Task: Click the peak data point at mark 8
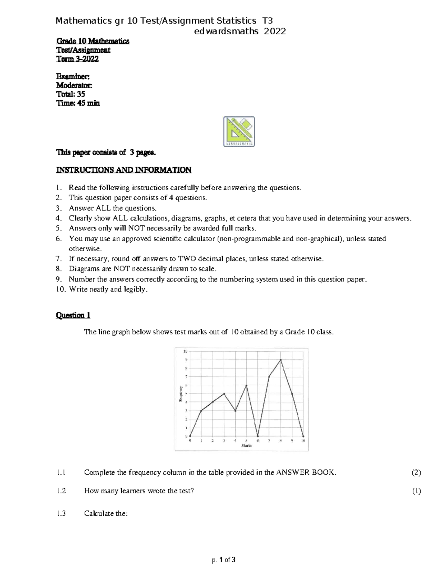coord(280,360)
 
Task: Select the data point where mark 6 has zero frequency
coord(258,436)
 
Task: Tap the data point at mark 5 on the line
coord(246,385)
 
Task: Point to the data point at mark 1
coord(201,411)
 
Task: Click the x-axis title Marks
coord(247,446)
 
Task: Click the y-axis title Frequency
coord(180,394)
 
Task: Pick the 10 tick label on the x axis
coord(303,441)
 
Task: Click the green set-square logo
coord(239,131)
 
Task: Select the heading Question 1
coord(73,315)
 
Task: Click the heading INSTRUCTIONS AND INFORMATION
coord(124,170)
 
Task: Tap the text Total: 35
coord(70,94)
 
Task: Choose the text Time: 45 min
coord(78,103)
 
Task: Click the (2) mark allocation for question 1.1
coord(416,473)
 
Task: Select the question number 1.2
coord(61,491)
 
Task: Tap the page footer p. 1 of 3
coord(223,560)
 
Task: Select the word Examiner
coord(73,76)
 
